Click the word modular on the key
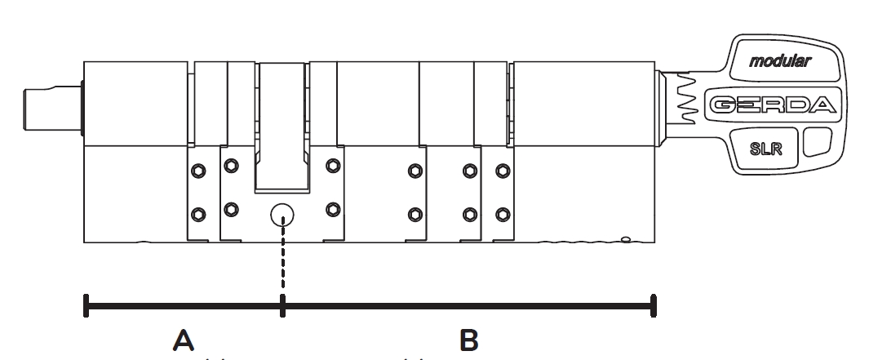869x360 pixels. click(780, 61)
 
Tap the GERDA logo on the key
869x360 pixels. click(773, 104)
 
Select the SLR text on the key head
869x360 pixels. click(766, 149)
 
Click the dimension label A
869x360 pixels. click(184, 340)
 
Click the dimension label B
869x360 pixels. click(469, 340)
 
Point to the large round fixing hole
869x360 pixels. click(282, 216)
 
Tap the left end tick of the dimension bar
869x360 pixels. click(86, 305)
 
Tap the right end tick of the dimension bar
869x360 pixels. click(654, 305)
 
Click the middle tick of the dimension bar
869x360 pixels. click(282, 305)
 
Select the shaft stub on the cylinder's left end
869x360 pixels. click(53, 109)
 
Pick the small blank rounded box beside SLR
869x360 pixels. click(817, 142)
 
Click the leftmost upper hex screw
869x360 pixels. click(197, 171)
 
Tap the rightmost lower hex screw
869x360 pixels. click(503, 215)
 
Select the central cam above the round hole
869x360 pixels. click(282, 127)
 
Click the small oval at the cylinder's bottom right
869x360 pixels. click(626, 240)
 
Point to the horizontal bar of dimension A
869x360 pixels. click(184, 306)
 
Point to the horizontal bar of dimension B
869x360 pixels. click(468, 306)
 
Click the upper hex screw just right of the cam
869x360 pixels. click(333, 165)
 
